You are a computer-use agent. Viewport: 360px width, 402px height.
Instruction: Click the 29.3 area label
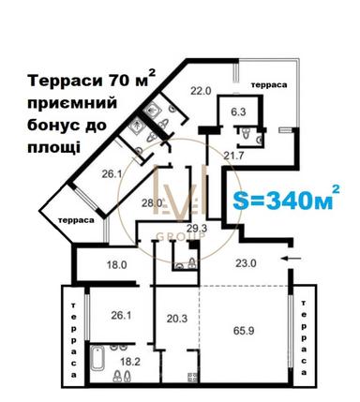(195, 228)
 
